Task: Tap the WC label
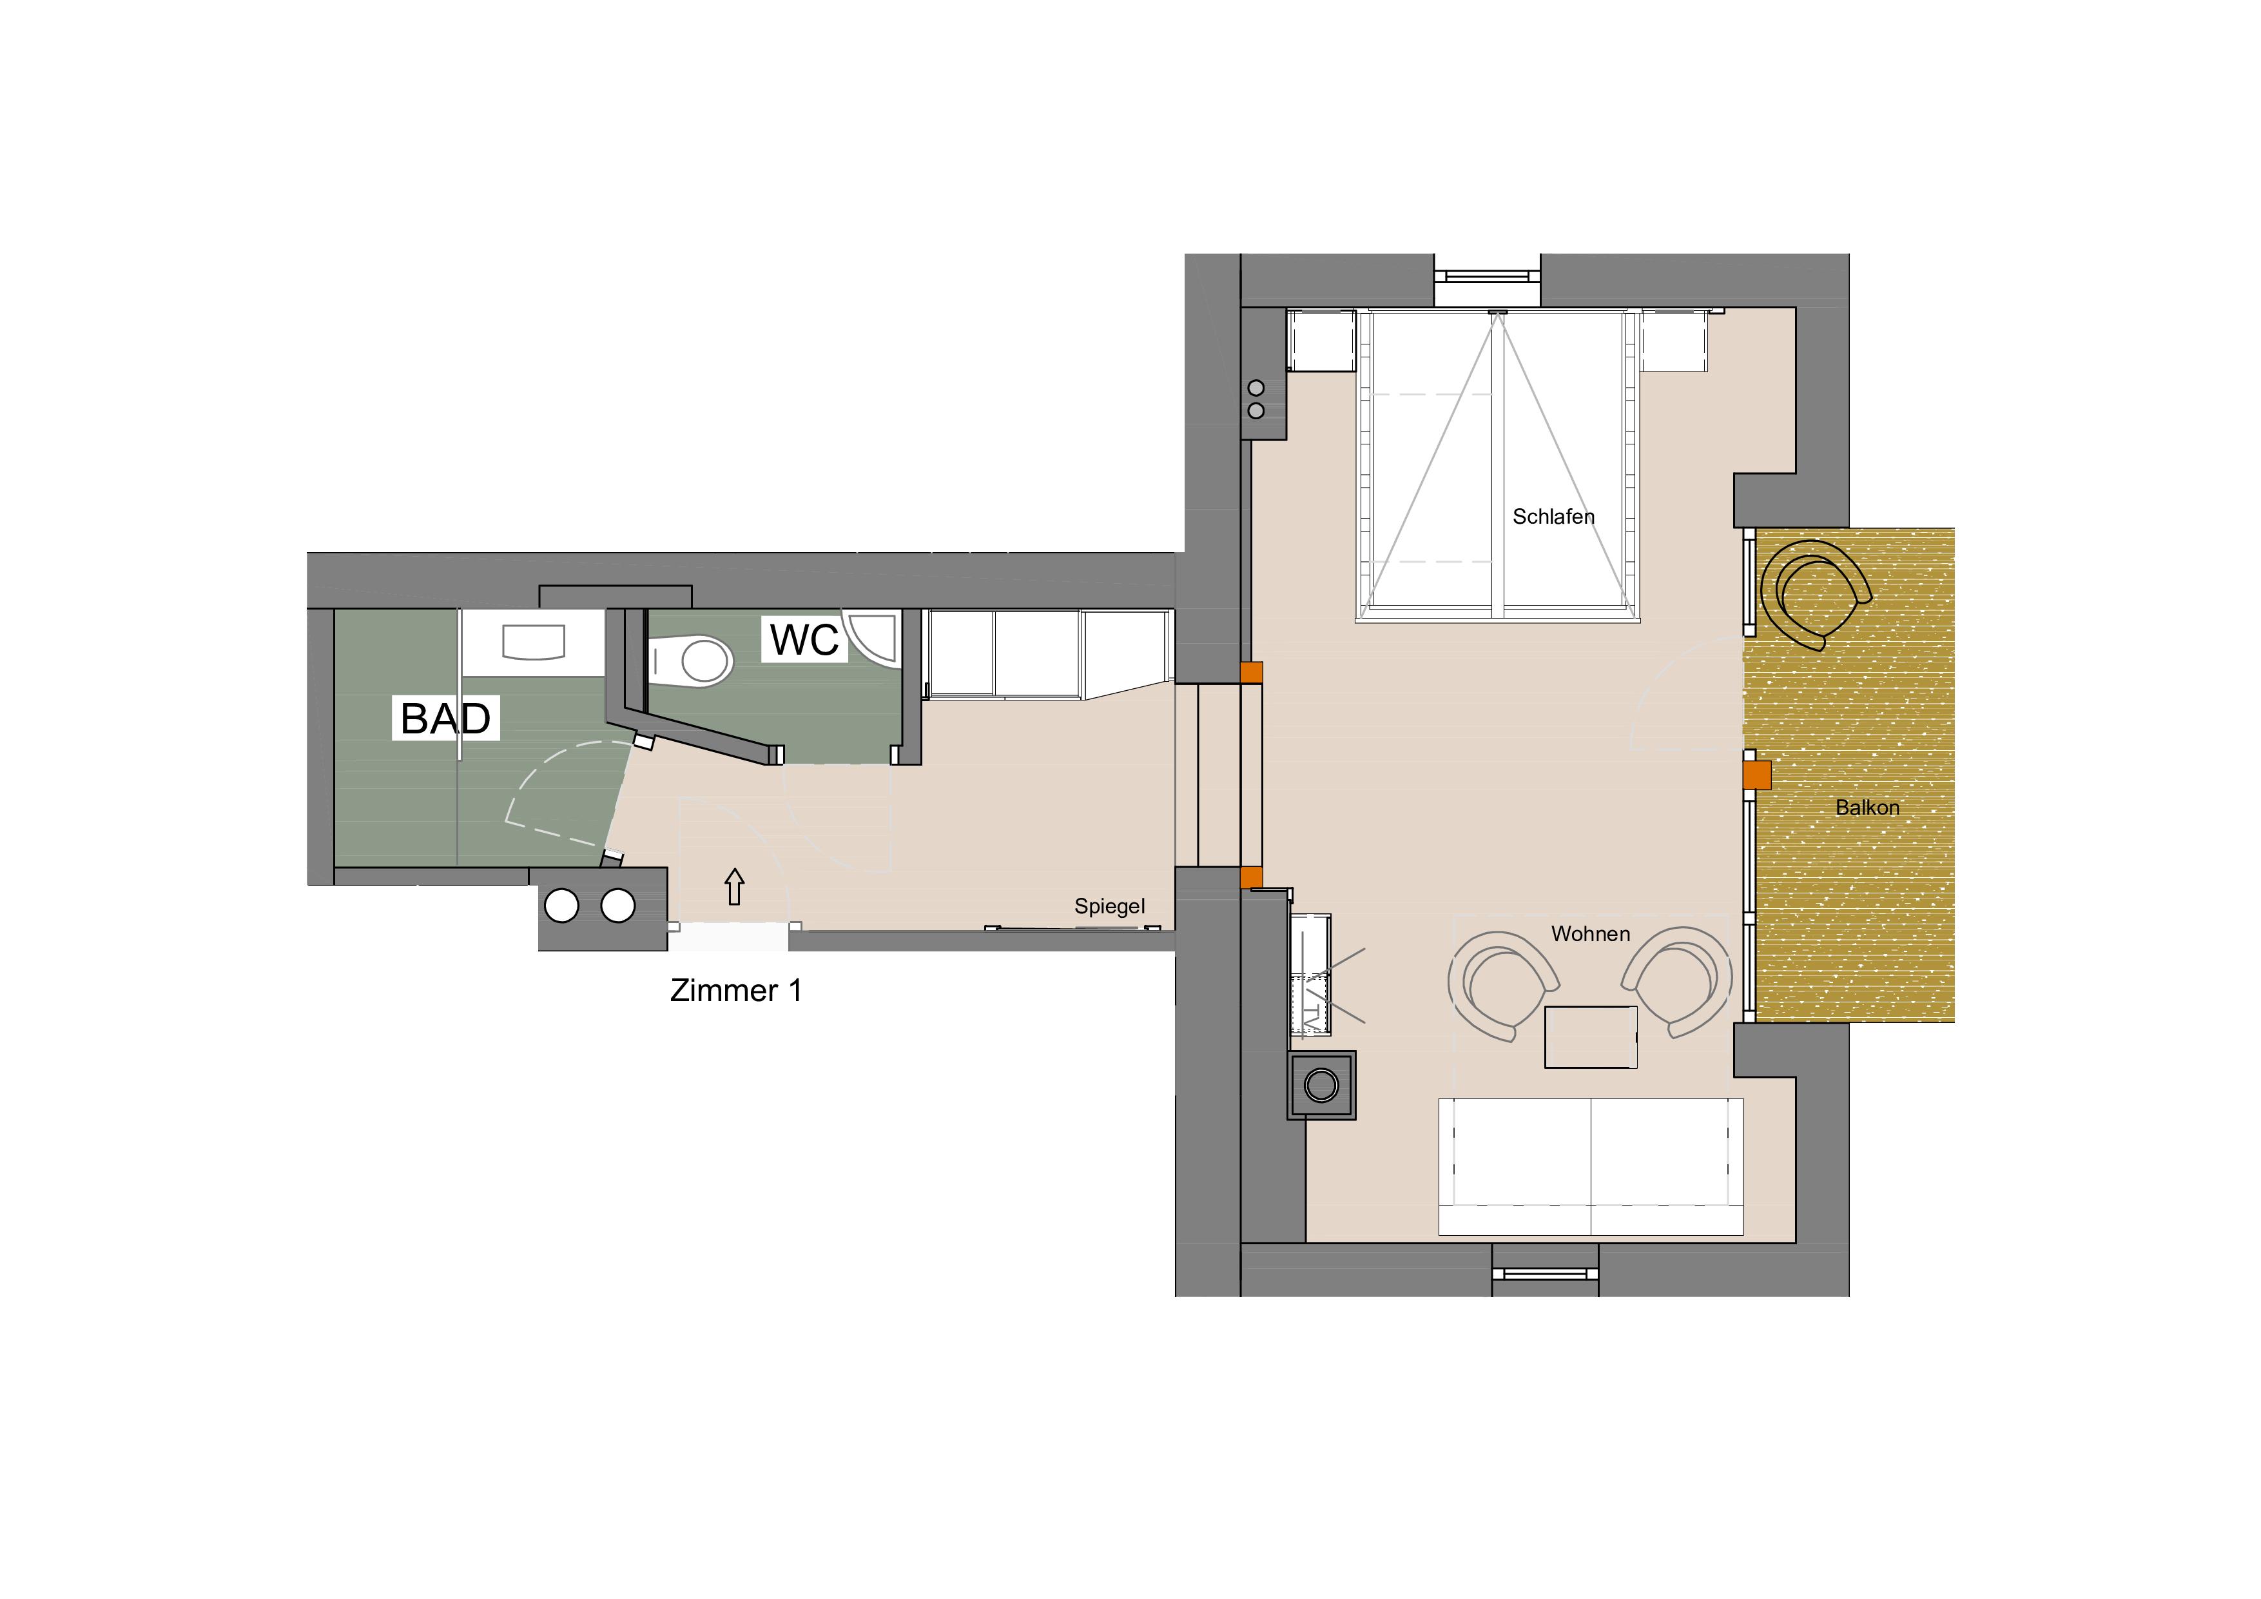804,641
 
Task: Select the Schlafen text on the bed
1553,516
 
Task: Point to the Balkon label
1867,808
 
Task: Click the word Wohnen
1591,934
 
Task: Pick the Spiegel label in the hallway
1110,906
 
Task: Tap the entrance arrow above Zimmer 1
733,887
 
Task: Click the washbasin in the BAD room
534,641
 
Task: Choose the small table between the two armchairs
1591,1037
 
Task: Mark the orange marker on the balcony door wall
1757,775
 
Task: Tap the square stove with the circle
1321,1085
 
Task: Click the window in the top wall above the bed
1487,277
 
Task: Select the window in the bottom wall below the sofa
1545,1274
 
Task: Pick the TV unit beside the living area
1310,975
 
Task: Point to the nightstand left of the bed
1321,341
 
